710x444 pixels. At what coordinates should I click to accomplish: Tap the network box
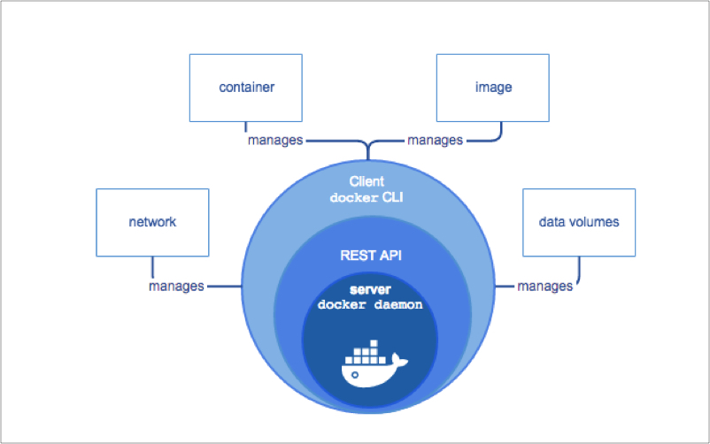(151, 222)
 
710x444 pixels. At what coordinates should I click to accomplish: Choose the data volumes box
(578, 222)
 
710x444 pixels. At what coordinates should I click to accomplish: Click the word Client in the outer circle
(367, 180)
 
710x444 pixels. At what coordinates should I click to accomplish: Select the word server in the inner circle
(370, 289)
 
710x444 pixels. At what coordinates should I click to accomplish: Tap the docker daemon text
(370, 304)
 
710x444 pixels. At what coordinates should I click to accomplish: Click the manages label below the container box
(275, 140)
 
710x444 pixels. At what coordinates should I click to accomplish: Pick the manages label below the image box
(434, 140)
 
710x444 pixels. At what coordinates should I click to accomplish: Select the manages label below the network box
(176, 286)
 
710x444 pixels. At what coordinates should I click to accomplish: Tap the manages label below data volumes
(544, 286)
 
